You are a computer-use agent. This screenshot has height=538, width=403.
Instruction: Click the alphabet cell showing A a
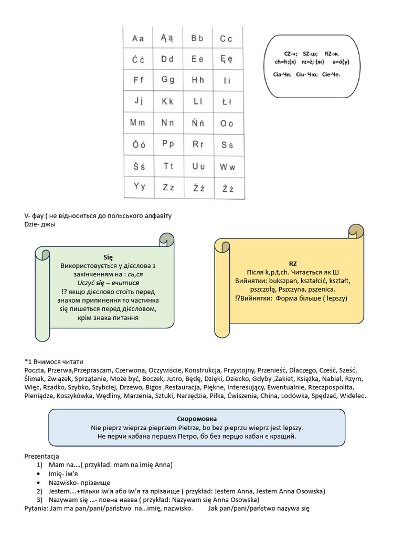(138, 38)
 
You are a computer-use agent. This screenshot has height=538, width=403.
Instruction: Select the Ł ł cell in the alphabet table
(227, 101)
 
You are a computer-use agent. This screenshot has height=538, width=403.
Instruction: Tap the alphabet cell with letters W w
(227, 167)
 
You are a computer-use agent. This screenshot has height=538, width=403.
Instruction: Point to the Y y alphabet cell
(138, 187)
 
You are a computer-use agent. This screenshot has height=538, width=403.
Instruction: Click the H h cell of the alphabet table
(197, 80)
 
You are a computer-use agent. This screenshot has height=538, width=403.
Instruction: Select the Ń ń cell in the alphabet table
(197, 123)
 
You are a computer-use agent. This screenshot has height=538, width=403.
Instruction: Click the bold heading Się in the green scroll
(108, 257)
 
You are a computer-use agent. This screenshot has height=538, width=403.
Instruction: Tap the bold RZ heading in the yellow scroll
(293, 263)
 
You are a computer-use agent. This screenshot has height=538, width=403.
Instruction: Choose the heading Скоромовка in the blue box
(197, 419)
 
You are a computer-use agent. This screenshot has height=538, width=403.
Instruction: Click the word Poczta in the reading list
(35, 370)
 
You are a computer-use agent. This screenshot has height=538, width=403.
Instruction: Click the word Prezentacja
(42, 456)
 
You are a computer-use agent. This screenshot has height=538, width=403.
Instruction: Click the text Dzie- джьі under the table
(40, 224)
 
